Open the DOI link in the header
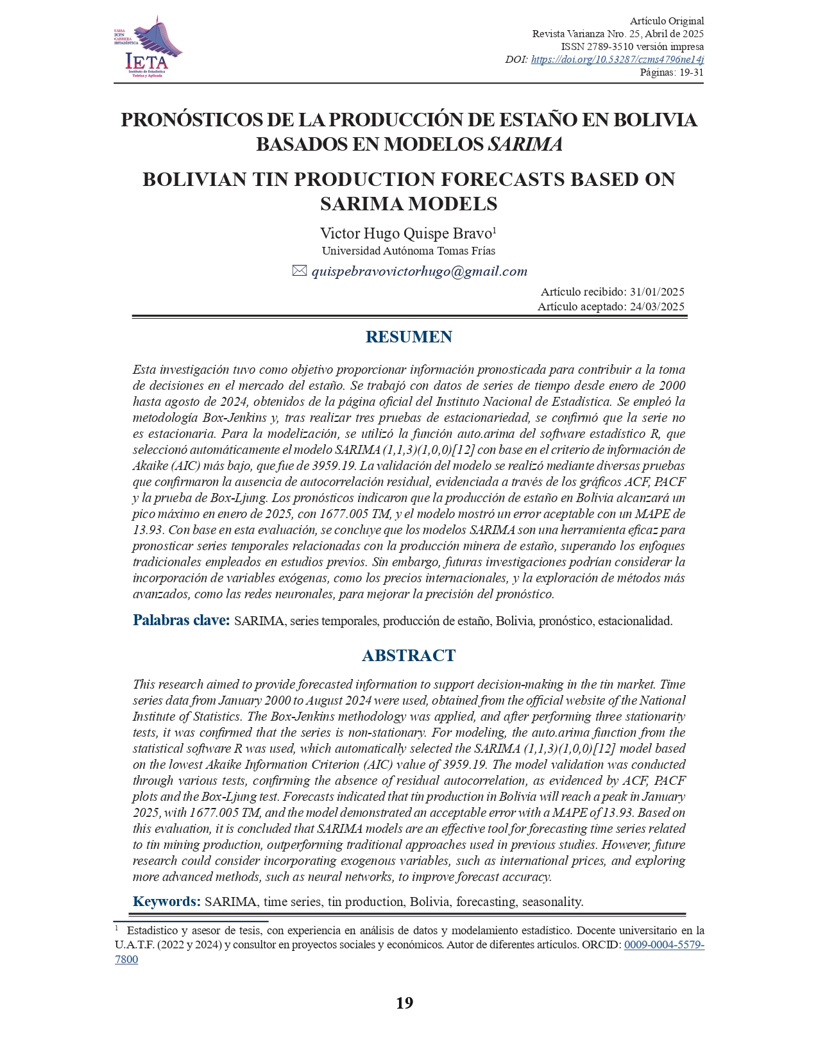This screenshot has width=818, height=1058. [617, 60]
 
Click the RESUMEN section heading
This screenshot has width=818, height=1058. [409, 337]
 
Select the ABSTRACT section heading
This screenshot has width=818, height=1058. [409, 655]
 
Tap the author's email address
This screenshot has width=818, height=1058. [420, 272]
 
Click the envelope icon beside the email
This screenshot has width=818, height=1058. [300, 271]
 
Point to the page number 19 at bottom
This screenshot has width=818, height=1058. [404, 1003]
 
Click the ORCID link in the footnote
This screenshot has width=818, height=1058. [664, 945]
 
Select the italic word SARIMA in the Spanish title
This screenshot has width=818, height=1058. [525, 145]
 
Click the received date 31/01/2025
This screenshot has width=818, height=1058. [657, 292]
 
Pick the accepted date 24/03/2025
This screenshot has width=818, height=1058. [657, 306]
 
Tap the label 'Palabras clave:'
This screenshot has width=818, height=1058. [181, 620]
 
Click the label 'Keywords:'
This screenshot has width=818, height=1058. [167, 902]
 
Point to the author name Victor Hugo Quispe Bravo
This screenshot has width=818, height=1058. [406, 233]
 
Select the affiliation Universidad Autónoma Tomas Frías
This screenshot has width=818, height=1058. [408, 251]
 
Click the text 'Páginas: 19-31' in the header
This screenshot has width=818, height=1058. [672, 72]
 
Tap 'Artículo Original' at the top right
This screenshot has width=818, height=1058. [667, 21]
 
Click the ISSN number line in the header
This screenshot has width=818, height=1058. [632, 47]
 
